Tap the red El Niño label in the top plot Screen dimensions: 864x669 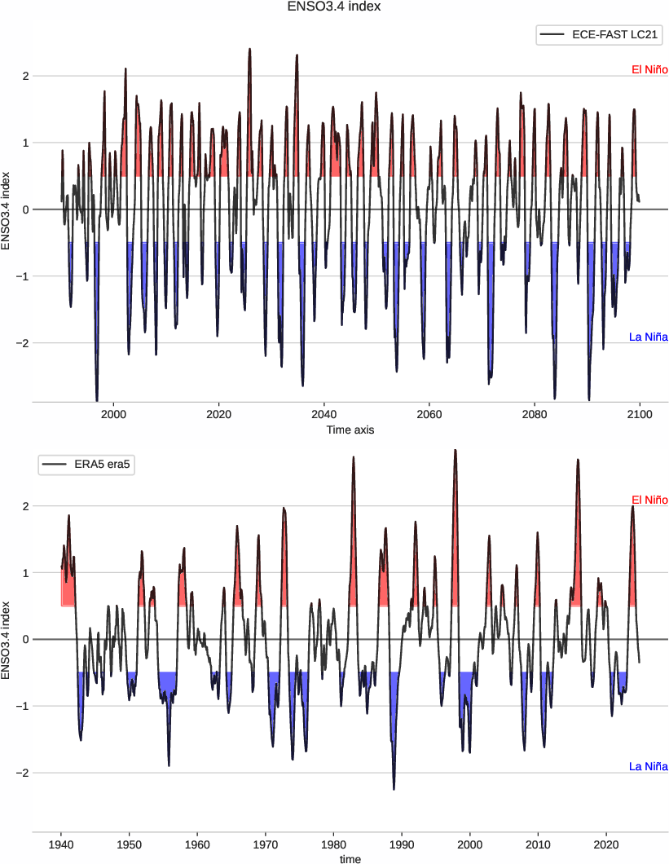click(x=649, y=70)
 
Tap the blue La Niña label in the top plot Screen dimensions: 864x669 click(x=649, y=337)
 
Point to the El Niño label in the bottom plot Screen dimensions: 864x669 click(x=649, y=500)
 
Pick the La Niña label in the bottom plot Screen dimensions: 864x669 click(x=649, y=766)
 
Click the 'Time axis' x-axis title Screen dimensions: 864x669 click(x=350, y=430)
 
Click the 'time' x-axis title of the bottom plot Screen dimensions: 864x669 click(x=350, y=858)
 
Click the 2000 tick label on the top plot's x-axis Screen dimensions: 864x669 click(x=113, y=414)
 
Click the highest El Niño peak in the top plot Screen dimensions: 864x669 click(x=249, y=49)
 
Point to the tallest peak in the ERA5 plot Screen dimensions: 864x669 click(x=455, y=450)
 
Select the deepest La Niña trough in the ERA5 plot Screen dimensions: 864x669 click(x=394, y=789)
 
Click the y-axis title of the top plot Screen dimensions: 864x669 click(x=7, y=209)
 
